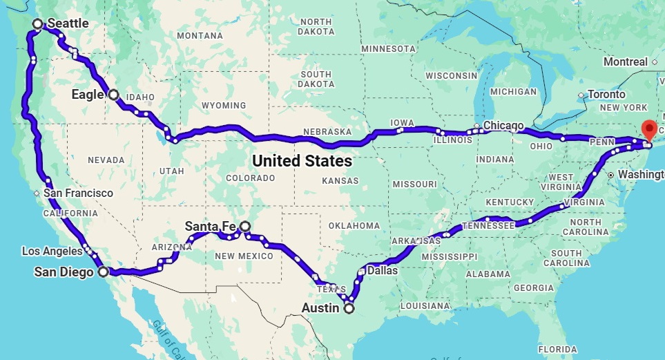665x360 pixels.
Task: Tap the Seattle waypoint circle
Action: tap(38, 24)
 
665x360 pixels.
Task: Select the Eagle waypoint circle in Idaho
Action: tap(113, 95)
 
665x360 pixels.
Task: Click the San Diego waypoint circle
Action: tap(103, 272)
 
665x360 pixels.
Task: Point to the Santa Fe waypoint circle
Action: tap(244, 226)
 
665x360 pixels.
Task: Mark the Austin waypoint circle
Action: tap(349, 309)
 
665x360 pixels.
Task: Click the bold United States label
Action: tap(302, 161)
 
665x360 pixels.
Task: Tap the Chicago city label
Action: tap(503, 125)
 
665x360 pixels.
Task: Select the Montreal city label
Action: tap(625, 61)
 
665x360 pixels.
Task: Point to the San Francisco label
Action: tap(78, 193)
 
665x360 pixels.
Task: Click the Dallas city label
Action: tap(383, 271)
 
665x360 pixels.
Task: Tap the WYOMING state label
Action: tap(223, 105)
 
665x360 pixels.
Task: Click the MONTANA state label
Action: tap(200, 35)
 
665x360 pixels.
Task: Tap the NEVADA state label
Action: tap(106, 160)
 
